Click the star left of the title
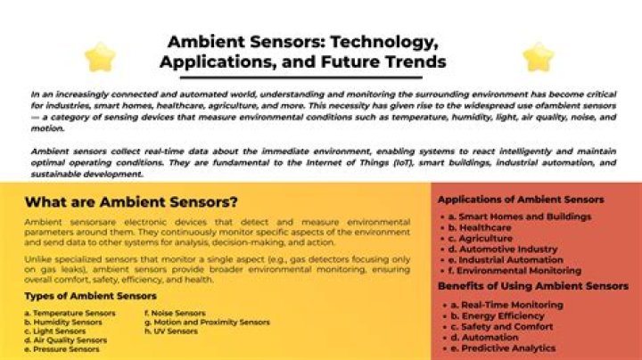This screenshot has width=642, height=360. point(100,57)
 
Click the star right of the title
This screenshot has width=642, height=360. point(539,57)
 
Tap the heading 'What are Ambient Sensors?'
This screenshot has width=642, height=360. point(131,202)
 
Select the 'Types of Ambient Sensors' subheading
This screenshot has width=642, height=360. point(90,296)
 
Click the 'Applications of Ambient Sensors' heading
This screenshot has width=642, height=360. point(521,200)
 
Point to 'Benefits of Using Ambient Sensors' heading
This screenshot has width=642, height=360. point(533,286)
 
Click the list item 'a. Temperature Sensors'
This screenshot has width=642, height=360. point(70,314)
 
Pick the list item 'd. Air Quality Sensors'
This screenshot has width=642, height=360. point(65,340)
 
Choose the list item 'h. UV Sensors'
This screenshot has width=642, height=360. point(171,331)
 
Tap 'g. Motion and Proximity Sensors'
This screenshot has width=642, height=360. point(207,323)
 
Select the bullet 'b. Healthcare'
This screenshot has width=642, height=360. point(480,227)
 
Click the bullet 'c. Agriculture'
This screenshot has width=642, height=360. point(481,239)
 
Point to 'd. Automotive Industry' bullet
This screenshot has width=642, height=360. point(503,250)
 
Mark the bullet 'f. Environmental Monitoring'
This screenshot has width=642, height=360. point(514,271)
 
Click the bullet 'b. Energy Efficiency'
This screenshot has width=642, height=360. point(498,316)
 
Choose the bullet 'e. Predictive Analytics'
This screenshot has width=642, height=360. point(503,348)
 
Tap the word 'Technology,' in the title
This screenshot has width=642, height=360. point(384,42)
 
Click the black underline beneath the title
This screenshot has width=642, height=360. point(301,78)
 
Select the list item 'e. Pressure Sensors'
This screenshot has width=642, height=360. point(62,349)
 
